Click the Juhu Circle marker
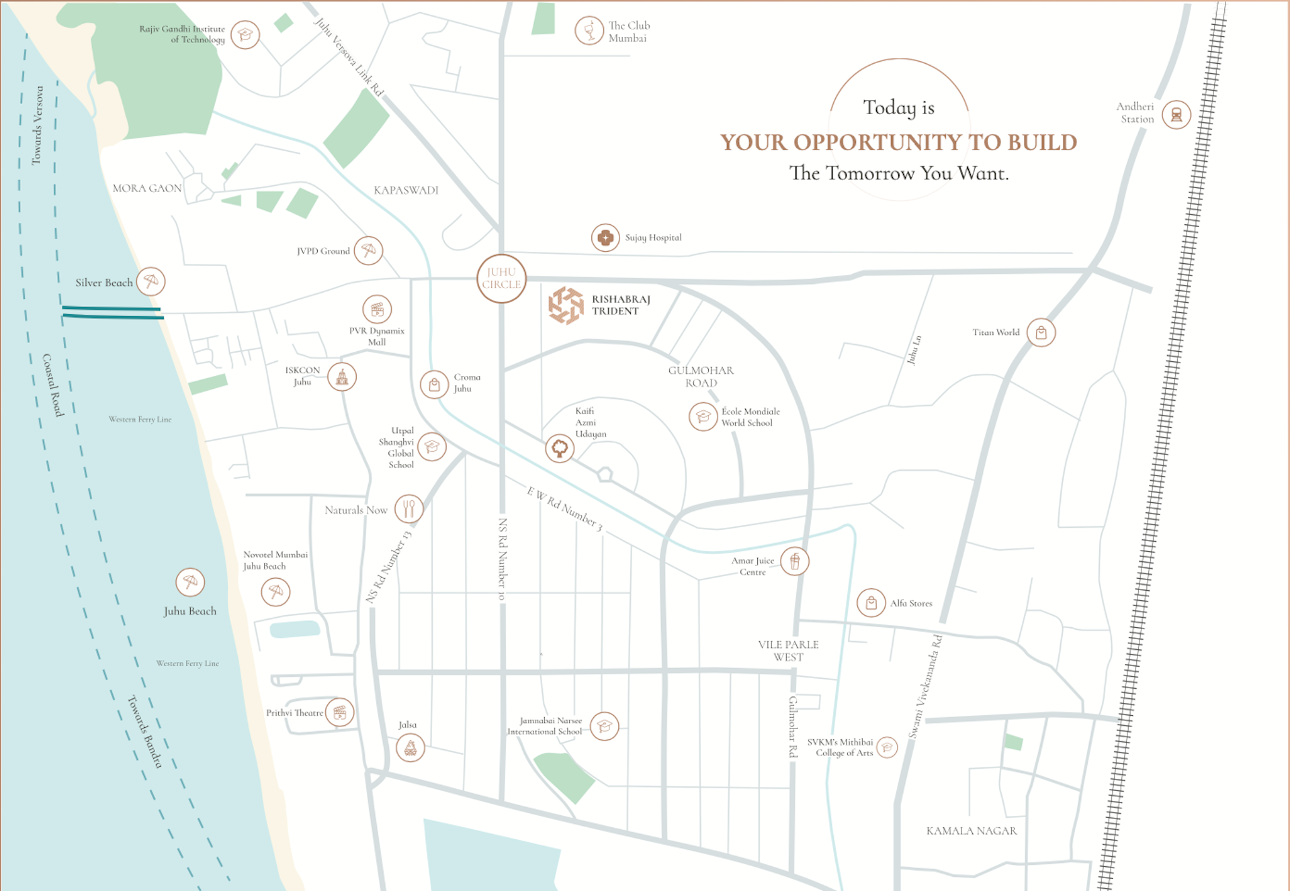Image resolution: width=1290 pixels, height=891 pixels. [x=501, y=278]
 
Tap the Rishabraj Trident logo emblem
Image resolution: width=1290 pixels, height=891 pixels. [x=566, y=306]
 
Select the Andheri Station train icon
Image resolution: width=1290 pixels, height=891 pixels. [x=1176, y=115]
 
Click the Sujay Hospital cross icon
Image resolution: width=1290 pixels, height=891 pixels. [x=605, y=238]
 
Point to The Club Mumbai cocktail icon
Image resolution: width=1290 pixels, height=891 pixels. [x=589, y=31]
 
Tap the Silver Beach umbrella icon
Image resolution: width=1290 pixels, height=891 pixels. [x=150, y=281]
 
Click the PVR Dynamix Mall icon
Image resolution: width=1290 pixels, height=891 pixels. [x=377, y=310]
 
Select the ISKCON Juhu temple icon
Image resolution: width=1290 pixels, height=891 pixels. [x=342, y=377]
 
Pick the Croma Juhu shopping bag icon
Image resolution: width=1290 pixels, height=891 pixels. [x=434, y=385]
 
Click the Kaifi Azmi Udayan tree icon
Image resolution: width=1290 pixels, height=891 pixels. [x=559, y=449]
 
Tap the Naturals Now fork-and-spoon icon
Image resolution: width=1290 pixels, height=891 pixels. [x=408, y=509]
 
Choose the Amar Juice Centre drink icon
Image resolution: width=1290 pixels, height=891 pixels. [x=794, y=561]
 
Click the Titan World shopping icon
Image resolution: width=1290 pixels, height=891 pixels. [x=1041, y=332]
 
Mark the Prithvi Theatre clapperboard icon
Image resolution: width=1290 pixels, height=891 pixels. [x=340, y=712]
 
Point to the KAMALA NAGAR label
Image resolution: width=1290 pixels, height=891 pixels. [x=971, y=831]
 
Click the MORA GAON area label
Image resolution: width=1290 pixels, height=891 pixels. [x=146, y=189]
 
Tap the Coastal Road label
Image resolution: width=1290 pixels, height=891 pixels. [x=52, y=385]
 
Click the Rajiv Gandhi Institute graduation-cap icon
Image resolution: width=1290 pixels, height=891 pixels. [x=245, y=35]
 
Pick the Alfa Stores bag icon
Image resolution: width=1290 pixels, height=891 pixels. [x=871, y=603]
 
